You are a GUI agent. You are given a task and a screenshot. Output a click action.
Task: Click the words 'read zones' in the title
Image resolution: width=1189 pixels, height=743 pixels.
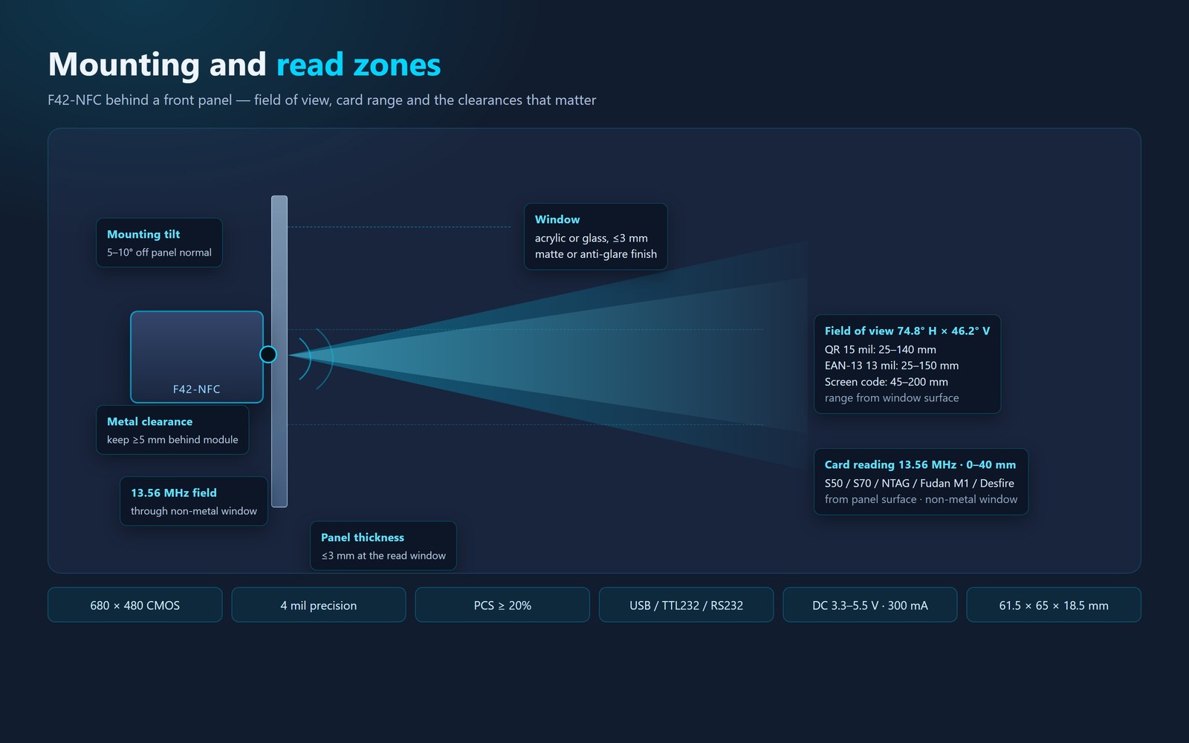coord(358,64)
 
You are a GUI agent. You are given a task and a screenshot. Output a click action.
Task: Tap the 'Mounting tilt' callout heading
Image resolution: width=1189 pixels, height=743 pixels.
coord(143,234)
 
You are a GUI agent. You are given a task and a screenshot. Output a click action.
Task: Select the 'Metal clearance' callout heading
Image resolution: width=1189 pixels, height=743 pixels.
coord(149,421)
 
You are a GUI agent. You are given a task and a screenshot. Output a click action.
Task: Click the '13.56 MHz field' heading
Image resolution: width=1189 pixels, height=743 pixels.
coord(174,493)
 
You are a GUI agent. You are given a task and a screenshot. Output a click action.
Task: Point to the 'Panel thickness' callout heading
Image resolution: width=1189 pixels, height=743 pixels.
coord(363,537)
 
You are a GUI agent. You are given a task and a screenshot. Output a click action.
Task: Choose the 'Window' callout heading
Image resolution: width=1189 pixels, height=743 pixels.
coord(557,219)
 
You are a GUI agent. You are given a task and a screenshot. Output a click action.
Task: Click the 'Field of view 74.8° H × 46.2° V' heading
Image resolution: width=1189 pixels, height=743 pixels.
coord(907,331)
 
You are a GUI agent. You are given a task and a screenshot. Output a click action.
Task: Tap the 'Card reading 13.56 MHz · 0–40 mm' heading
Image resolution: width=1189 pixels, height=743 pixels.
coord(921,464)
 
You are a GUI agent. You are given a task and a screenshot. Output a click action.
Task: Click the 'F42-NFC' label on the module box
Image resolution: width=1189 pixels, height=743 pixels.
coord(196,389)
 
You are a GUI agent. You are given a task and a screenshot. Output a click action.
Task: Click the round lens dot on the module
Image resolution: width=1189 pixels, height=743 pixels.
coord(268,354)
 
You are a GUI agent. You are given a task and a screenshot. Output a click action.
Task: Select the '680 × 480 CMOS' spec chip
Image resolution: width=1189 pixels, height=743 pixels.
coord(135,605)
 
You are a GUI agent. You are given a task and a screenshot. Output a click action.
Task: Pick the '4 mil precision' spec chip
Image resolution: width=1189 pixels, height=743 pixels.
coord(319,605)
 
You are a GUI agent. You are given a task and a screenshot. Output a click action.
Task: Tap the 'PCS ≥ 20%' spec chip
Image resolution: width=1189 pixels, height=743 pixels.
coord(502,605)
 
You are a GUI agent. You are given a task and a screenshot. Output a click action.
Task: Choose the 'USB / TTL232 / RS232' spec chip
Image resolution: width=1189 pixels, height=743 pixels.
coord(687,605)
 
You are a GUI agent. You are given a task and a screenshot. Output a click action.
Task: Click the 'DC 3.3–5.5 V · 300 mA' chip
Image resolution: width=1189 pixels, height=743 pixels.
coord(870,605)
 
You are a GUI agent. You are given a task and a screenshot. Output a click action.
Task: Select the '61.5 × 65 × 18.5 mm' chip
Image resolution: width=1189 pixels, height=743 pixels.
coord(1054,605)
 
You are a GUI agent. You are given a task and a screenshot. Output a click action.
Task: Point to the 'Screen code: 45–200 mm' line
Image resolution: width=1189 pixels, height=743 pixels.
coord(887,382)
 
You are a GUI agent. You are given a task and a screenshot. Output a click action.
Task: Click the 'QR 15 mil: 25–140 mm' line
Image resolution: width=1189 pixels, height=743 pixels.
coord(881,349)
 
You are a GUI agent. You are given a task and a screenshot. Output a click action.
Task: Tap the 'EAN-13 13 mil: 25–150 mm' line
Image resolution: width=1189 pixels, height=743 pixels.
coord(892,365)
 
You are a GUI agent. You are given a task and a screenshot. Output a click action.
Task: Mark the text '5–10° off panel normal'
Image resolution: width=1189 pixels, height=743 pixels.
coord(159,252)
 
